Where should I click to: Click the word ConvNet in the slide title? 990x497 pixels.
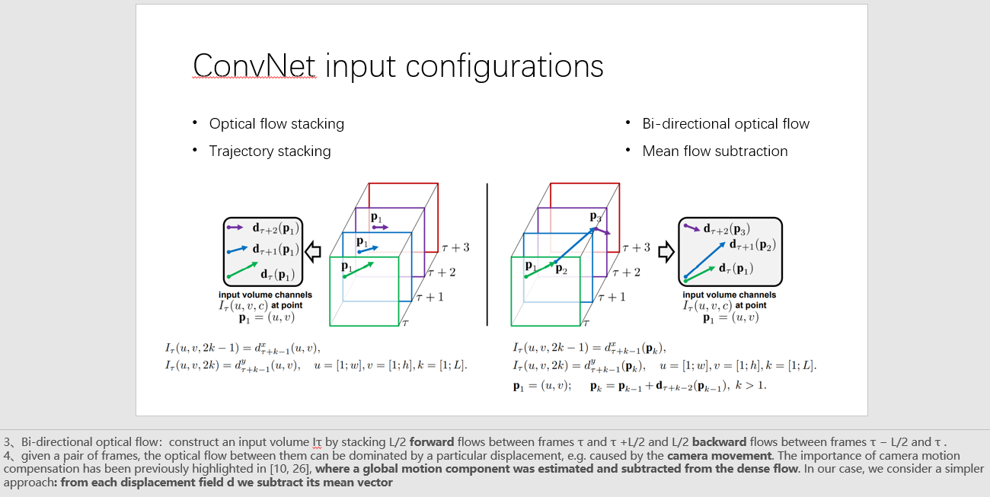click(254, 66)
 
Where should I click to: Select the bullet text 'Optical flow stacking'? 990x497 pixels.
click(276, 123)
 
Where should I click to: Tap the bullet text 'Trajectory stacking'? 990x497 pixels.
click(270, 151)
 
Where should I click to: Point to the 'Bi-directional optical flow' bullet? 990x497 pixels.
click(726, 123)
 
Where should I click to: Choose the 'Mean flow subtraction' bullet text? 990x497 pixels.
click(715, 151)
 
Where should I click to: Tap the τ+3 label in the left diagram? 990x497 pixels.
click(455, 247)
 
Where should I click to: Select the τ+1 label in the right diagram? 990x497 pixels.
click(612, 297)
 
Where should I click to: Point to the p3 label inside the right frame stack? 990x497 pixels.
click(596, 216)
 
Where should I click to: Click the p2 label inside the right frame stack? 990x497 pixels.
click(560, 268)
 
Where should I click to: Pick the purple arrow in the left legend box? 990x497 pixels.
click(235, 228)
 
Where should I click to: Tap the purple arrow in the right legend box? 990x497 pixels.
click(691, 227)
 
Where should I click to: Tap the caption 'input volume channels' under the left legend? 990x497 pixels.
click(265, 295)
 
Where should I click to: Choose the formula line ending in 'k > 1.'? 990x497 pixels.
click(640, 385)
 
